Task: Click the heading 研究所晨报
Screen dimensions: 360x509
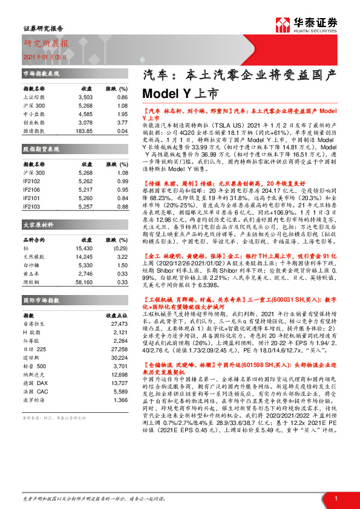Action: pos(46,44)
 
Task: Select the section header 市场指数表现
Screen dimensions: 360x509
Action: pos(41,74)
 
